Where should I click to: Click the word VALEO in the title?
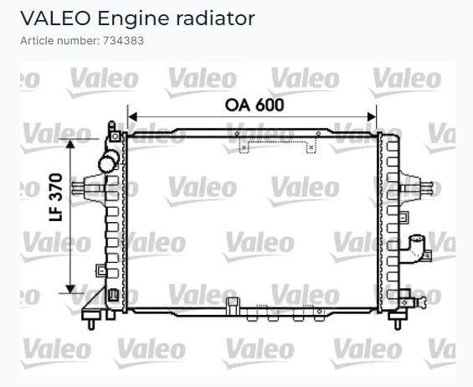(x=55, y=18)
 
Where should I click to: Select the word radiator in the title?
(x=215, y=18)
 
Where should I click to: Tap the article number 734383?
(x=124, y=41)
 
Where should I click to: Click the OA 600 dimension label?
(x=254, y=105)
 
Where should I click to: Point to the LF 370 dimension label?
(x=56, y=197)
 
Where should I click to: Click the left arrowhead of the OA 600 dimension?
(x=132, y=116)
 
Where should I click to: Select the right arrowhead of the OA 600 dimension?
(x=372, y=116)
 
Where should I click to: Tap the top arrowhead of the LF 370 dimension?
(x=70, y=144)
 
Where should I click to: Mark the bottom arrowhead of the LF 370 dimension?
(x=70, y=289)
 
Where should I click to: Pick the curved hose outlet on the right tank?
(x=416, y=248)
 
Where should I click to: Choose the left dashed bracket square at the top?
(x=244, y=148)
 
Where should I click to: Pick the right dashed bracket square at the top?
(x=311, y=148)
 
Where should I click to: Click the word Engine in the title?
(x=133, y=19)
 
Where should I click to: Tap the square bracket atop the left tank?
(x=115, y=137)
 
